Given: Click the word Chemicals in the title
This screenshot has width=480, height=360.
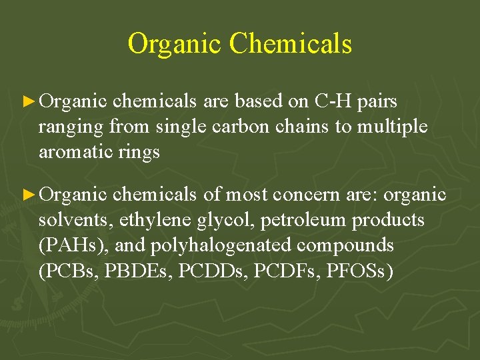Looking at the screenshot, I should point(290,43).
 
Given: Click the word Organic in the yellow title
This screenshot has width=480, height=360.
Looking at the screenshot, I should point(175,43).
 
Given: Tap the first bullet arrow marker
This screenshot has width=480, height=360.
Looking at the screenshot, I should point(28,102).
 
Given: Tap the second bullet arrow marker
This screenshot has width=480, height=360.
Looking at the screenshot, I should point(28,195).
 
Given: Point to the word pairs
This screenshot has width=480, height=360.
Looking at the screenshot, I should point(377,101).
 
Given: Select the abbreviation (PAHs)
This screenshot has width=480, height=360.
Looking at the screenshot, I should point(74,245).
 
